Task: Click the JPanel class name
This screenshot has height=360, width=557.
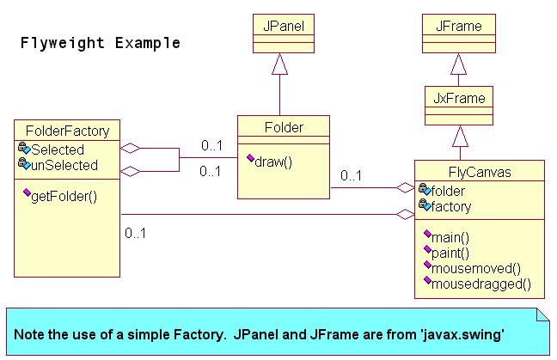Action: point(284,26)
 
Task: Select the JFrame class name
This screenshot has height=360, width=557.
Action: point(459,26)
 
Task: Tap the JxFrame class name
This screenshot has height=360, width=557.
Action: point(459,98)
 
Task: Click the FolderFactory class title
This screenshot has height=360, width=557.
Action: point(68,131)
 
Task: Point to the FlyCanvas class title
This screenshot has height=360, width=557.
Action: point(480,172)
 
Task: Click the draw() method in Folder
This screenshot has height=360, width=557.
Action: point(273,162)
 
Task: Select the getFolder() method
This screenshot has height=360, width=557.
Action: point(64,197)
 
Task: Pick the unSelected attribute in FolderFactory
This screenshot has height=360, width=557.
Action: point(64,165)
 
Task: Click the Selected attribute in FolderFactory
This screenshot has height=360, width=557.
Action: point(58,149)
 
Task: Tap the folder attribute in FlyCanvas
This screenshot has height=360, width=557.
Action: point(448,191)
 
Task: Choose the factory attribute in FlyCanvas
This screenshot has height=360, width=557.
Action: point(451,206)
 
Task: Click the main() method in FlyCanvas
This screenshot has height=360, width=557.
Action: point(450,237)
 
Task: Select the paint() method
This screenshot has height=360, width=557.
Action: point(450,253)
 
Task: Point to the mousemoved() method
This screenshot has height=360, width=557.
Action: point(476,268)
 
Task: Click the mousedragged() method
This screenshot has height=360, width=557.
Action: point(481,284)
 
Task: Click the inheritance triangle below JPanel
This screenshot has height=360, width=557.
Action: point(279,64)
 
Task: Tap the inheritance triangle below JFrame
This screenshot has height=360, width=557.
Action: point(459,64)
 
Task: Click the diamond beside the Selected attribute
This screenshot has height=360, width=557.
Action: point(130,148)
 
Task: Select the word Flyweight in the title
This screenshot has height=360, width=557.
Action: point(63,43)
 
